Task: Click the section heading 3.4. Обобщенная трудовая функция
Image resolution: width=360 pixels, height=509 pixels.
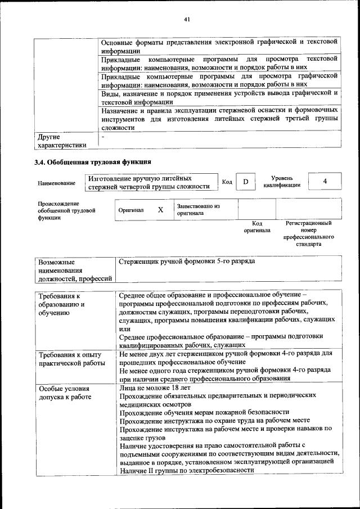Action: [93, 163]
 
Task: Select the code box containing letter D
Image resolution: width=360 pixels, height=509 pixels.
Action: [245, 182]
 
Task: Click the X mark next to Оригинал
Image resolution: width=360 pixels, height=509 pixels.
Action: [160, 210]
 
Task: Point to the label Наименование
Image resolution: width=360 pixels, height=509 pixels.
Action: [56, 183]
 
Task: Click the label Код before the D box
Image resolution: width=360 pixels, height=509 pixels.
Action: [227, 182]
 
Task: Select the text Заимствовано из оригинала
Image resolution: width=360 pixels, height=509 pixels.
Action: [197, 210]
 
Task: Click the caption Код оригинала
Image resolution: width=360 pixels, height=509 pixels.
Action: [256, 227]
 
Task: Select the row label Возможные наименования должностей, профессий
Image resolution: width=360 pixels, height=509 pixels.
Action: [74, 270]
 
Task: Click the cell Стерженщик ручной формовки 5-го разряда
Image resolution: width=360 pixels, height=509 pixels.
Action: [187, 262]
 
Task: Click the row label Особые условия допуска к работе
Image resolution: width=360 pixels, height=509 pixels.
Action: [64, 393]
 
